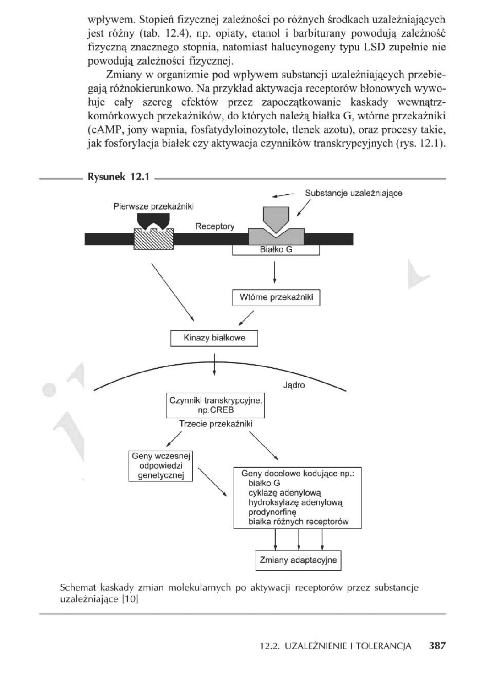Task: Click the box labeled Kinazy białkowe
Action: coord(214,338)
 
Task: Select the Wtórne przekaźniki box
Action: coord(276,297)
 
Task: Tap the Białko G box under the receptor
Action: coord(276,250)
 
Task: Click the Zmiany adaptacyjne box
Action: coord(298,560)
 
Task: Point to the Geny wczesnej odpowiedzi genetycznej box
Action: coord(160,466)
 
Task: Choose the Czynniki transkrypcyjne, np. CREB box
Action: coord(215,405)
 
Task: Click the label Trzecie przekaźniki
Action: coord(216,424)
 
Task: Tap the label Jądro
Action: coord(294,385)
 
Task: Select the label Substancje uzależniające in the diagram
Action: coord(354,193)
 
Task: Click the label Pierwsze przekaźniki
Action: coord(153,206)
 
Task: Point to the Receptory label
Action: coord(215,226)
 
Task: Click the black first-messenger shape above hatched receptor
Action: coord(153,221)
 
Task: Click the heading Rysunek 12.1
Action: coord(119,178)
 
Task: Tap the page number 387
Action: coord(437,646)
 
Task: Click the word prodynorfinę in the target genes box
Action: coord(272,512)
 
